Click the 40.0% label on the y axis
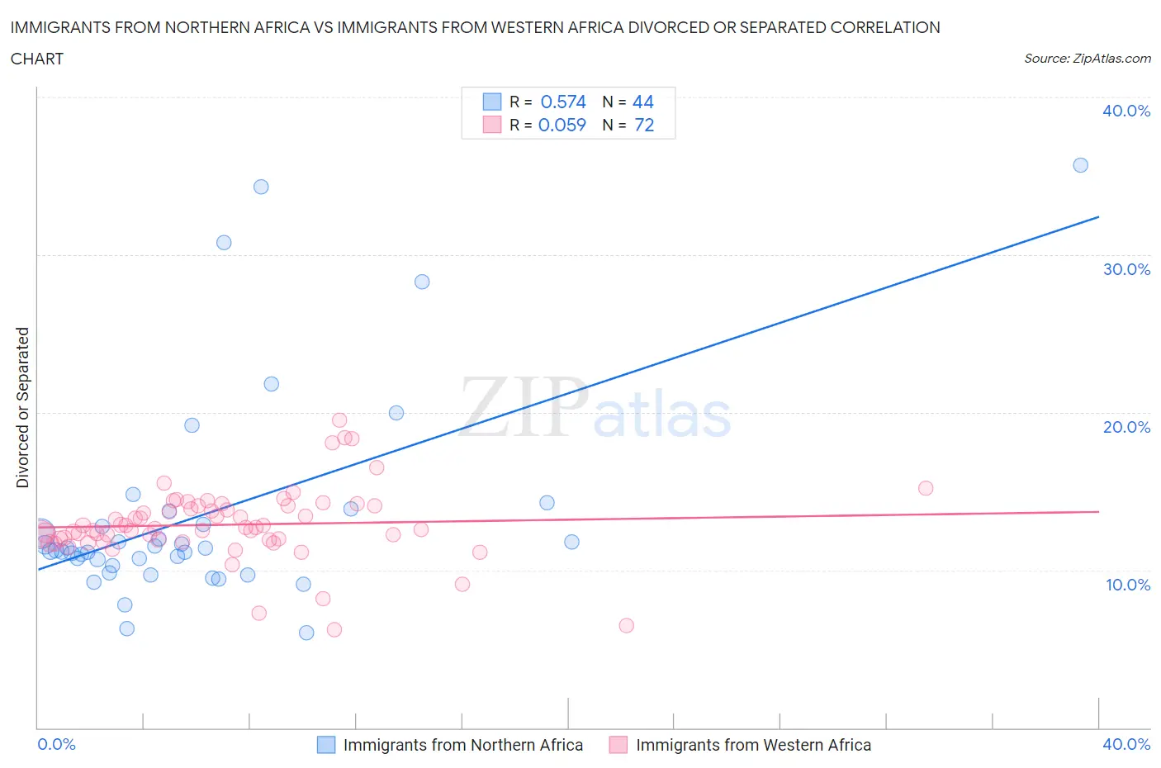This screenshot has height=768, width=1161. pyautogui.click(x=1125, y=111)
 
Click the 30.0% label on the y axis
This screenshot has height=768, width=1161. pyautogui.click(x=1125, y=269)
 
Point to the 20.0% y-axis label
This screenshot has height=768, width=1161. pyautogui.click(x=1125, y=427)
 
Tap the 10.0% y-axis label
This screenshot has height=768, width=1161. pyautogui.click(x=1127, y=585)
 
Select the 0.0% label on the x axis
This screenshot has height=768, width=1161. pyautogui.click(x=56, y=744)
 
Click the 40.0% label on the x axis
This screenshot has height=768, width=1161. pyautogui.click(x=1125, y=744)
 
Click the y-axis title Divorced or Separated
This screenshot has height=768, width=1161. pyautogui.click(x=23, y=407)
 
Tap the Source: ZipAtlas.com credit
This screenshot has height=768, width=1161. pyautogui.click(x=1087, y=59)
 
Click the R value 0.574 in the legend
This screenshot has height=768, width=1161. pyautogui.click(x=562, y=102)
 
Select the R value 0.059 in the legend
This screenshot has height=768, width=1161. pyautogui.click(x=562, y=125)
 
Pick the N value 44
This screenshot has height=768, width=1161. pyautogui.click(x=642, y=102)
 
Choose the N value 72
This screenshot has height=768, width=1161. pyautogui.click(x=643, y=125)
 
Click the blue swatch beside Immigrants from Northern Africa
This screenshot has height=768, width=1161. pyautogui.click(x=327, y=745)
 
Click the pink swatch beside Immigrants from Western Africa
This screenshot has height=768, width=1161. pyautogui.click(x=618, y=745)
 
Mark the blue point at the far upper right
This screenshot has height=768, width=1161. pyautogui.click(x=1080, y=165)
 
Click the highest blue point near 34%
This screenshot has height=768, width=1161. pyautogui.click(x=261, y=187)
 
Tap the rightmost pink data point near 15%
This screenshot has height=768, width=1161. pyautogui.click(x=926, y=488)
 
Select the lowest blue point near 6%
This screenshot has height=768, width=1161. pyautogui.click(x=306, y=633)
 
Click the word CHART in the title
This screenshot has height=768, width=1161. pyautogui.click(x=37, y=59)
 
